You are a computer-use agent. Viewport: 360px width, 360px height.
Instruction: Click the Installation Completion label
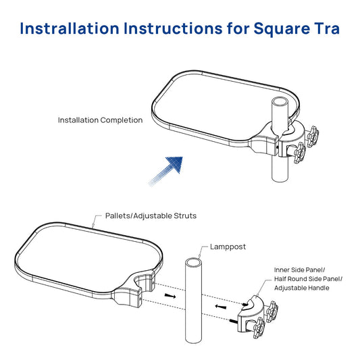(x=100, y=120)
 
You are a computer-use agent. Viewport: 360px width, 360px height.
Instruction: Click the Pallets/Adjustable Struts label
(x=151, y=216)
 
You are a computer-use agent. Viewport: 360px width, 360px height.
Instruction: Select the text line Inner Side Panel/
(x=298, y=269)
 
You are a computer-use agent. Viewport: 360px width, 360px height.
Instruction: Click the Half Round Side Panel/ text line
(x=308, y=279)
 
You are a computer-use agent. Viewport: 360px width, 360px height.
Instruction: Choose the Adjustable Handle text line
(x=301, y=288)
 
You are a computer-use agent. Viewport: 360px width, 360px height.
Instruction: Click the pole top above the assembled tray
(x=281, y=103)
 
